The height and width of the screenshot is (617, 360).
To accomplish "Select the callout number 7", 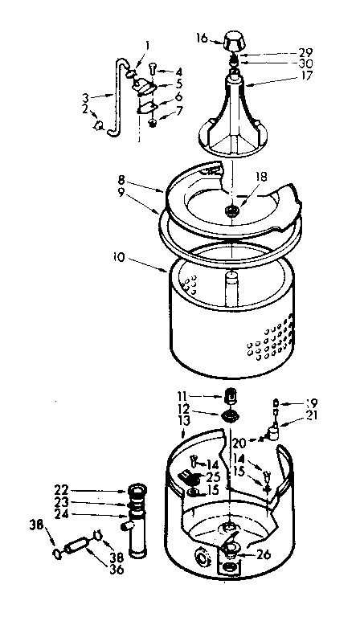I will (x=178, y=109).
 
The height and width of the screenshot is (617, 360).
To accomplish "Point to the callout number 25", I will (x=212, y=476).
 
